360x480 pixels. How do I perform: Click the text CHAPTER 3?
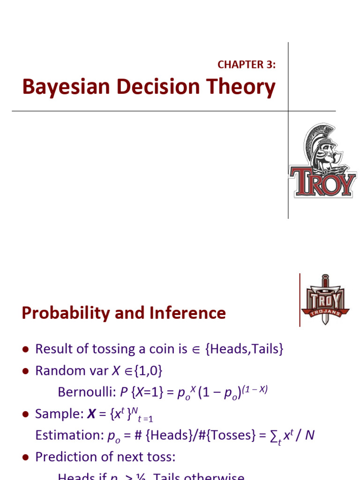click(247, 65)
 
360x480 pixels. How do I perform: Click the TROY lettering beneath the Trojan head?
click(322, 181)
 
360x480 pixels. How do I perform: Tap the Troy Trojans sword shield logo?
click(325, 300)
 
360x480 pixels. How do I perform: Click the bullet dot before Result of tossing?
click(26, 350)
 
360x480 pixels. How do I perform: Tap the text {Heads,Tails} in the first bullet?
click(244, 349)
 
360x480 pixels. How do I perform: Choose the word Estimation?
click(67, 435)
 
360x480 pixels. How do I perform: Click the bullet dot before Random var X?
click(26, 371)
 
